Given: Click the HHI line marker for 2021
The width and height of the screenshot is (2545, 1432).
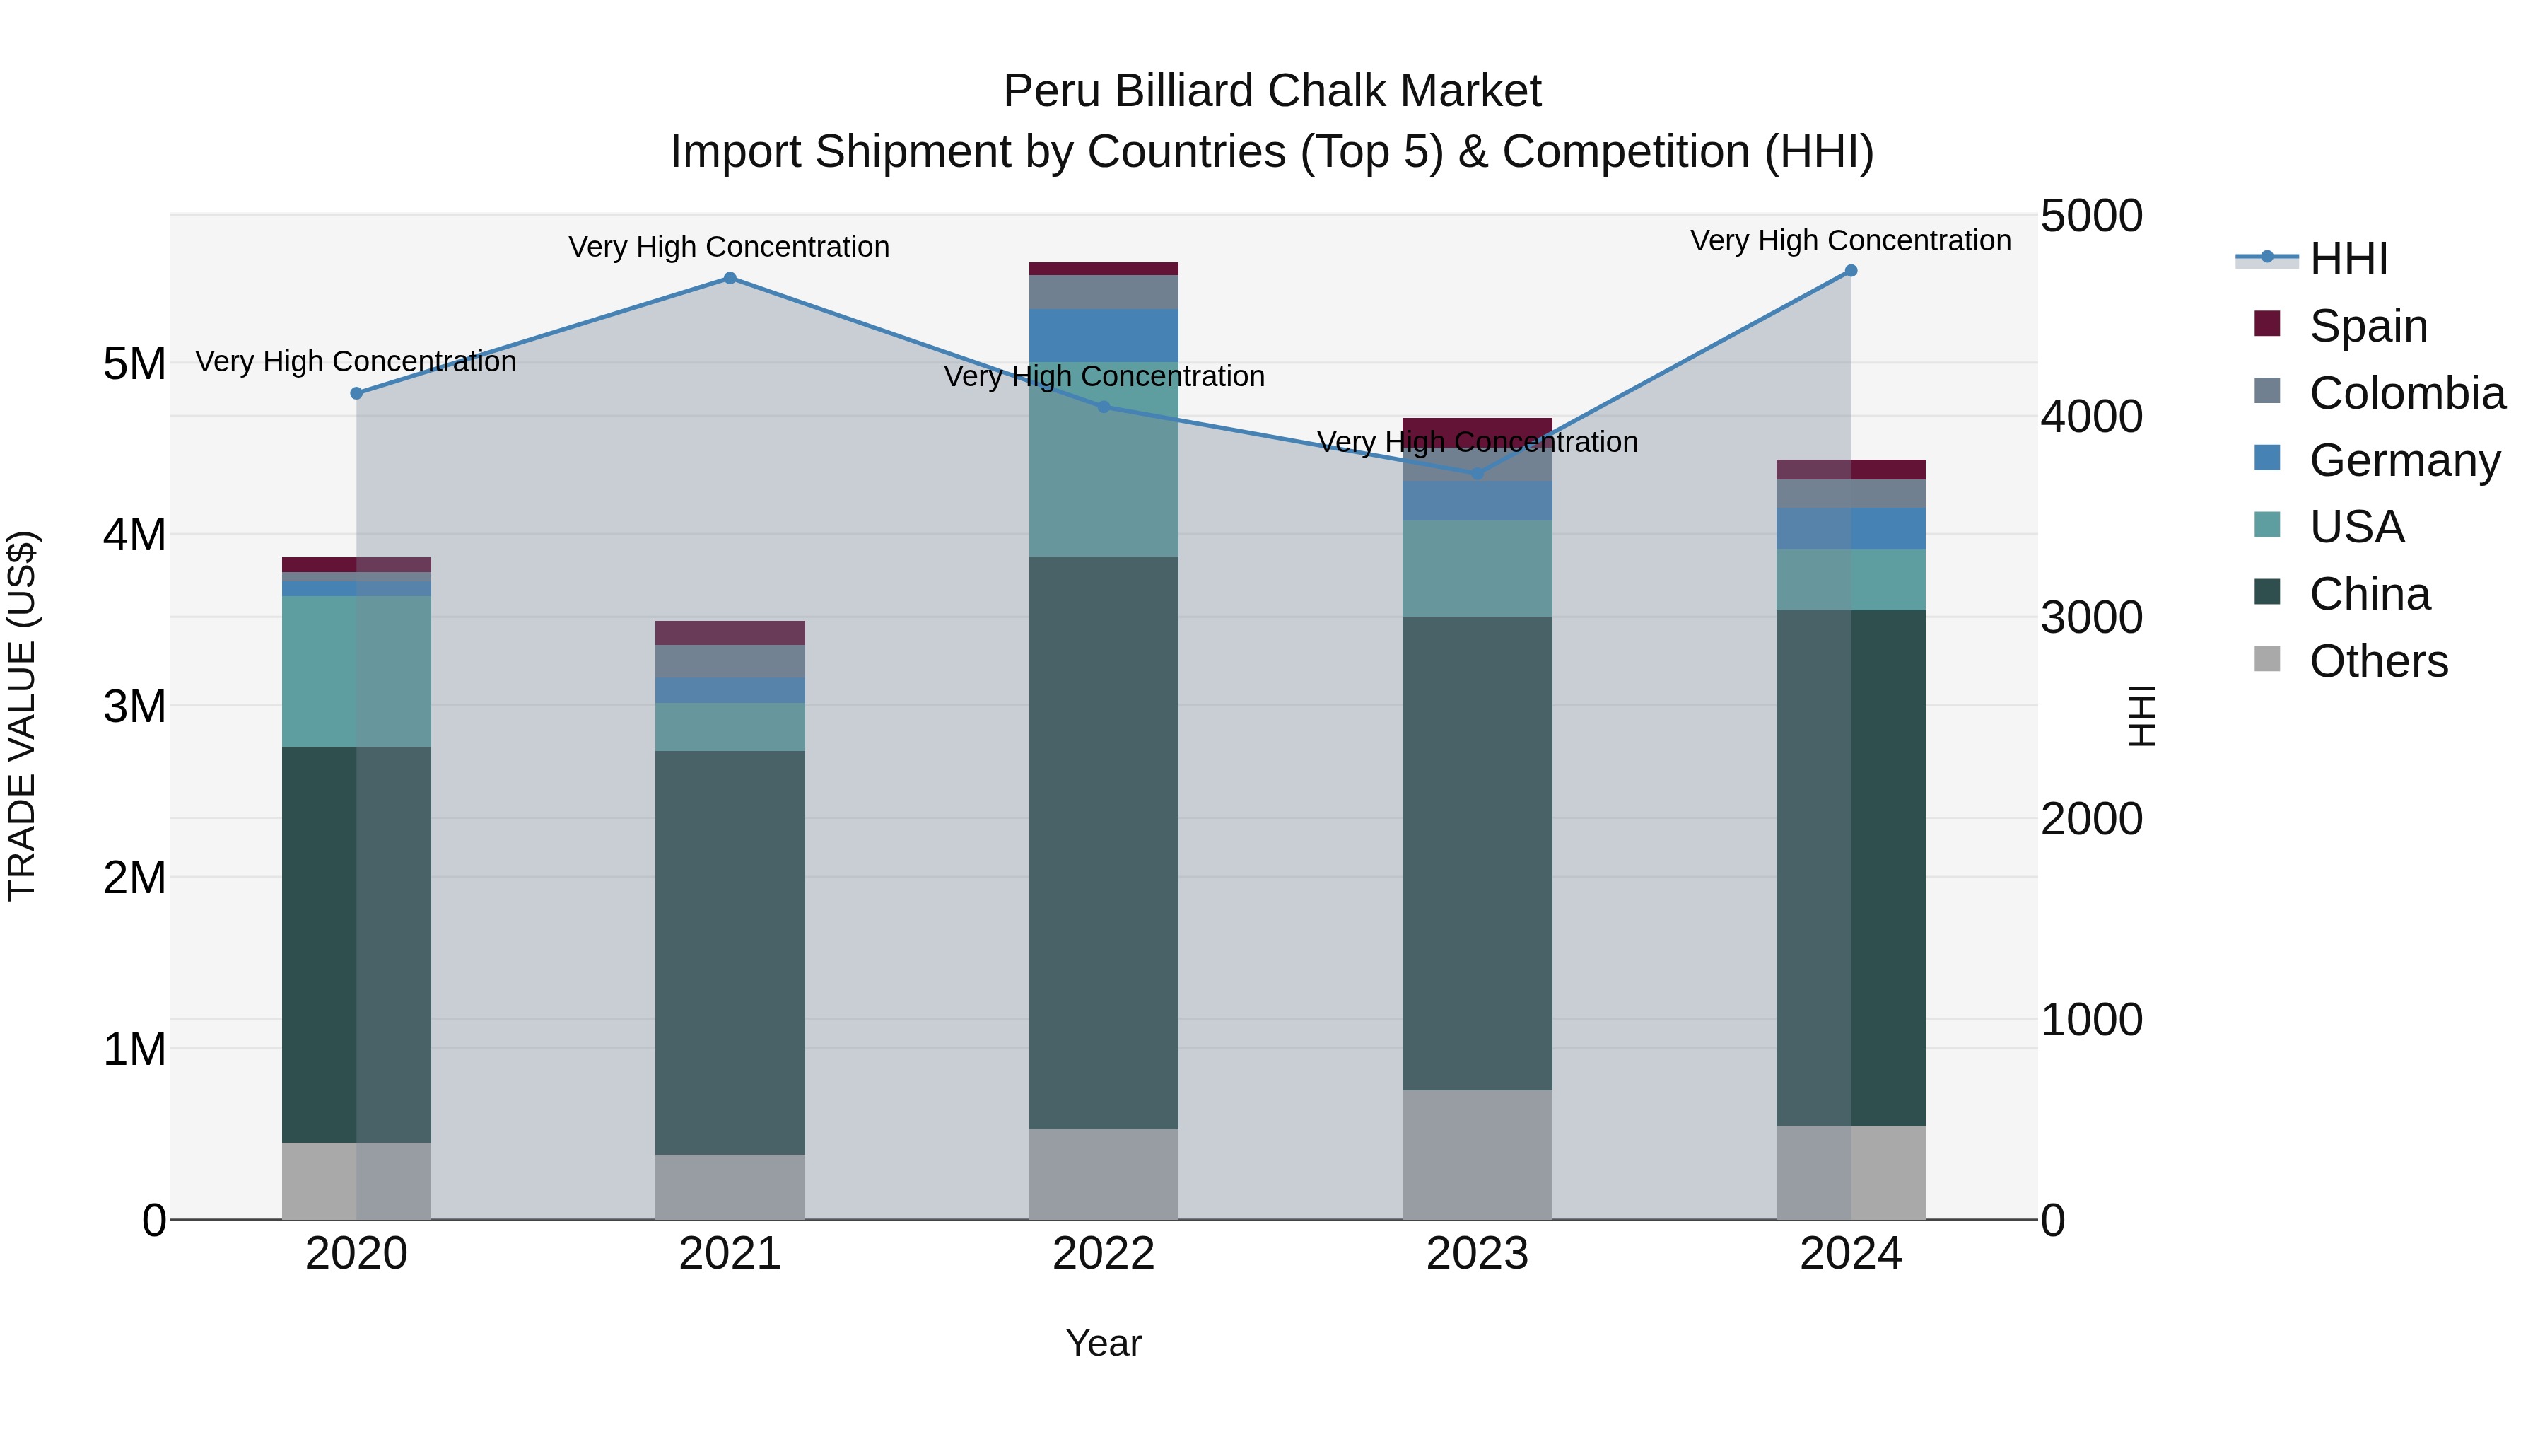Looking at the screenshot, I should click(x=730, y=279).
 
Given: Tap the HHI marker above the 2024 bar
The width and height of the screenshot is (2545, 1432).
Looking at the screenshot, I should click(x=1851, y=271).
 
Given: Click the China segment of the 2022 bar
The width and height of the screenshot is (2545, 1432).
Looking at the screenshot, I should click(x=1104, y=842).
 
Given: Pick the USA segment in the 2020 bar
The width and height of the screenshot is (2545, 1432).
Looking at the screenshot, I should click(x=357, y=671).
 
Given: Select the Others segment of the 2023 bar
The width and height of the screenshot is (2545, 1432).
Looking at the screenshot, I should click(x=1477, y=1154).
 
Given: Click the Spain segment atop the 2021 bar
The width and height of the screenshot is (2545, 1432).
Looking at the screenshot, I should click(x=730, y=632).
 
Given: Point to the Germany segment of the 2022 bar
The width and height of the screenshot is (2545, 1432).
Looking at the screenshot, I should click(x=1104, y=335).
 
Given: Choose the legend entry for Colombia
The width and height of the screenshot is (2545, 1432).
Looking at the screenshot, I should click(x=2406, y=393).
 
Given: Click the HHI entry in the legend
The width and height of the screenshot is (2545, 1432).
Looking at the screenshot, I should click(x=2347, y=259).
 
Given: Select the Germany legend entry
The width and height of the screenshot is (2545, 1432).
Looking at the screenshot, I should click(x=2404, y=460).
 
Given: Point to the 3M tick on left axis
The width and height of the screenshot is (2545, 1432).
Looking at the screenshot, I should click(x=134, y=706).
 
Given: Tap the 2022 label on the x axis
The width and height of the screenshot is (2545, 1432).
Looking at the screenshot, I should click(x=1104, y=1254).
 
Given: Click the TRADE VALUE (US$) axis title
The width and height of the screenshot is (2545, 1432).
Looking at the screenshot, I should click(x=22, y=716).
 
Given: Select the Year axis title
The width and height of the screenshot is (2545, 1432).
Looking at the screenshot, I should click(x=1104, y=1343).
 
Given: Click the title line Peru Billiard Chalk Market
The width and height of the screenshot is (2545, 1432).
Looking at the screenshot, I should click(x=1272, y=91).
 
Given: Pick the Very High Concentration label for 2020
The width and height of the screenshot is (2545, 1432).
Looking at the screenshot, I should click(x=356, y=361).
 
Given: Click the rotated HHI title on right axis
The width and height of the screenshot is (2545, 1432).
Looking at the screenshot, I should click(x=2141, y=716).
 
